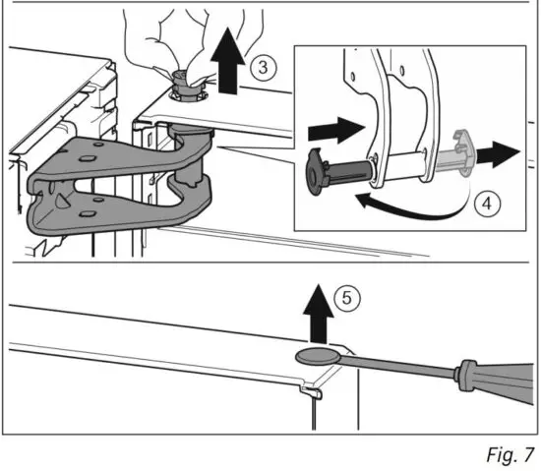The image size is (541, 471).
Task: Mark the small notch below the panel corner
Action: coord(310,394)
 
